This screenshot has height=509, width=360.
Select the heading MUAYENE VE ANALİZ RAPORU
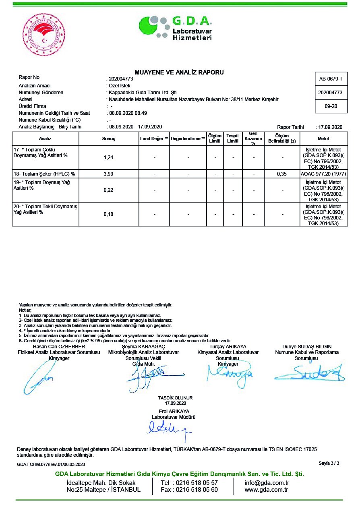point(179,72)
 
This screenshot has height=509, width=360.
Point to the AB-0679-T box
point(331,79)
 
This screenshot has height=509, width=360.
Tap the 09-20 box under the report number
point(331,106)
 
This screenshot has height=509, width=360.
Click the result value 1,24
point(108,157)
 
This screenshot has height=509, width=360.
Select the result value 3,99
point(108,174)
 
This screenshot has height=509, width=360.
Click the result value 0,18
point(108,214)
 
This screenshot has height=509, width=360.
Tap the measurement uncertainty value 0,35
point(282,174)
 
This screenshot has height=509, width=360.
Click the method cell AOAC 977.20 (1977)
point(324,174)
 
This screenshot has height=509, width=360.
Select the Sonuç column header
point(108,139)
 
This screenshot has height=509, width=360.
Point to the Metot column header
point(323,139)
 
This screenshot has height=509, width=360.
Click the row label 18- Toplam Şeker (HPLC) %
point(45,174)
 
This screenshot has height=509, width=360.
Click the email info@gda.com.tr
point(267,482)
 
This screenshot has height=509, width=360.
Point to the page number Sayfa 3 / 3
point(329,463)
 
